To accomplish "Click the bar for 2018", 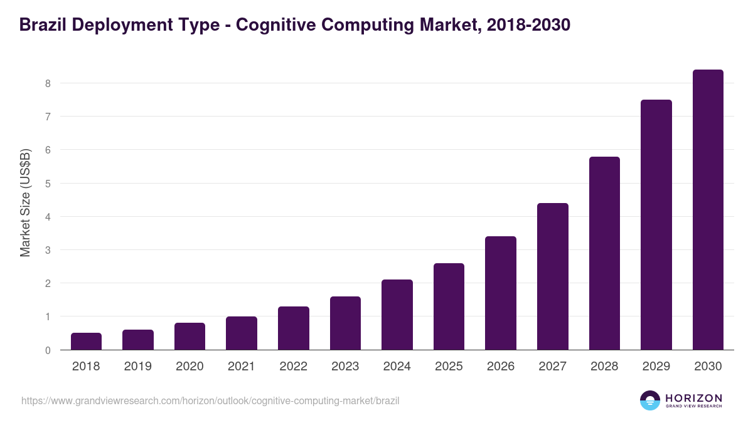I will click(x=86, y=342).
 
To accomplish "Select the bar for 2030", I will click(x=708, y=210).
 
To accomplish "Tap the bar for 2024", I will click(x=397, y=315).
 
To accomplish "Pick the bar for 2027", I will click(x=553, y=276).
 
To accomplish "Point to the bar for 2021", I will click(x=242, y=333).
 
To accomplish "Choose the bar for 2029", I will click(x=656, y=225).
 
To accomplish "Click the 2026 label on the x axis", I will click(x=501, y=367).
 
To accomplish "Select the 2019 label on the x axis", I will click(x=138, y=367).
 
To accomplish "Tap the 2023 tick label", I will click(x=345, y=367).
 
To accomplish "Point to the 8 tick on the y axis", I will click(x=48, y=83).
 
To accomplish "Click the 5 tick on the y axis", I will click(x=48, y=184).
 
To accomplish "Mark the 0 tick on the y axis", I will click(x=48, y=350).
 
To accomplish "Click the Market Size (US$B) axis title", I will click(x=25, y=202).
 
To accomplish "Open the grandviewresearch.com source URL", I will click(x=210, y=400).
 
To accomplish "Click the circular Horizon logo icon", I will click(x=650, y=400).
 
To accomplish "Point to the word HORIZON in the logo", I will click(x=694, y=398).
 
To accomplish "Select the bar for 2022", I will click(x=294, y=328).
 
